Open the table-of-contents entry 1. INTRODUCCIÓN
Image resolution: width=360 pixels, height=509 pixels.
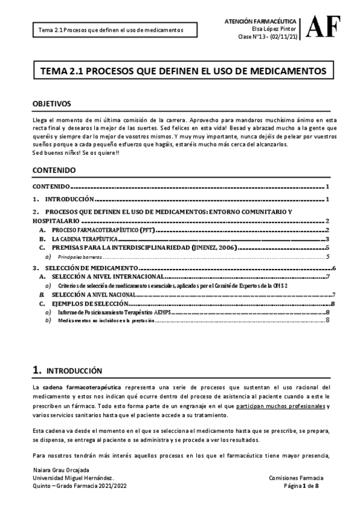[x=64, y=199]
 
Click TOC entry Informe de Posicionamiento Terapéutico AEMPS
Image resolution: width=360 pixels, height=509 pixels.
[x=115, y=313]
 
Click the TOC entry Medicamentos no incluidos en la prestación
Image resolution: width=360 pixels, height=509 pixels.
[x=106, y=321]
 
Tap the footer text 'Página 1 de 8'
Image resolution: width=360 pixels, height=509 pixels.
[x=304, y=486]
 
